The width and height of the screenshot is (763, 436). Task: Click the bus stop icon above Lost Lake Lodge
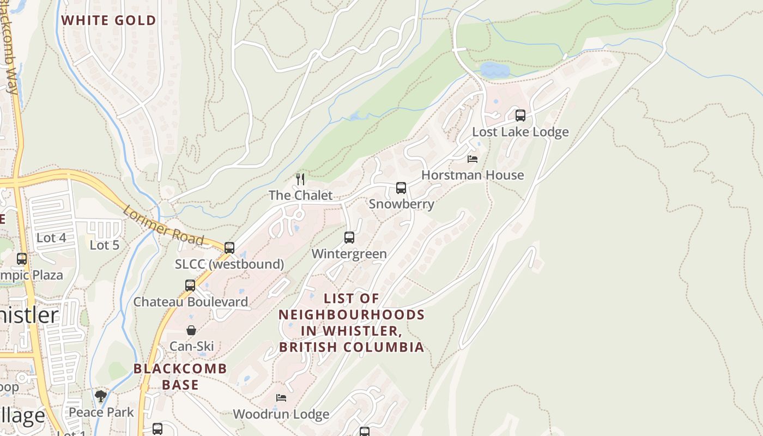point(520,116)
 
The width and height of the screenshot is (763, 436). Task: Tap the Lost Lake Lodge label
point(520,132)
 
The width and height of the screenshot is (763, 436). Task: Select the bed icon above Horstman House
point(473,159)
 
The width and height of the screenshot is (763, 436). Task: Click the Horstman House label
point(473,175)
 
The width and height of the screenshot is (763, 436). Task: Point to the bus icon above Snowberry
point(401,188)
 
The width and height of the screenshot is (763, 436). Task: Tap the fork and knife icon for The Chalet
point(300,179)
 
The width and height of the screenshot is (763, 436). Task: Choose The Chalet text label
point(300,195)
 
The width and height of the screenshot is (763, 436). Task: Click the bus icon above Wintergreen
point(349,238)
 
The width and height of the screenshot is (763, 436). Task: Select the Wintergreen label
point(349,253)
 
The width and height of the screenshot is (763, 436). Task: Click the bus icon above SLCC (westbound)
point(229,248)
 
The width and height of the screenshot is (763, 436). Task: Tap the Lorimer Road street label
point(163,225)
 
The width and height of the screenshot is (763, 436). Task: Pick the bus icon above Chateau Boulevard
point(190,285)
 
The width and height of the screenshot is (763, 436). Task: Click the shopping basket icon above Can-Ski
point(191,330)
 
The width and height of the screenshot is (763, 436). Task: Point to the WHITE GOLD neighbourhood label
point(108,21)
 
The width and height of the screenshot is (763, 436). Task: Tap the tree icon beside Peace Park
point(100,396)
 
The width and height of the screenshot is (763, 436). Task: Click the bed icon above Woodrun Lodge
point(281,398)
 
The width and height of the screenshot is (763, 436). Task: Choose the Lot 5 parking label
point(104,245)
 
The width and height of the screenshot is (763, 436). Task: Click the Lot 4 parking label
point(51,238)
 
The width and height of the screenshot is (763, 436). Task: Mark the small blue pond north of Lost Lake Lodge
point(494,70)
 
